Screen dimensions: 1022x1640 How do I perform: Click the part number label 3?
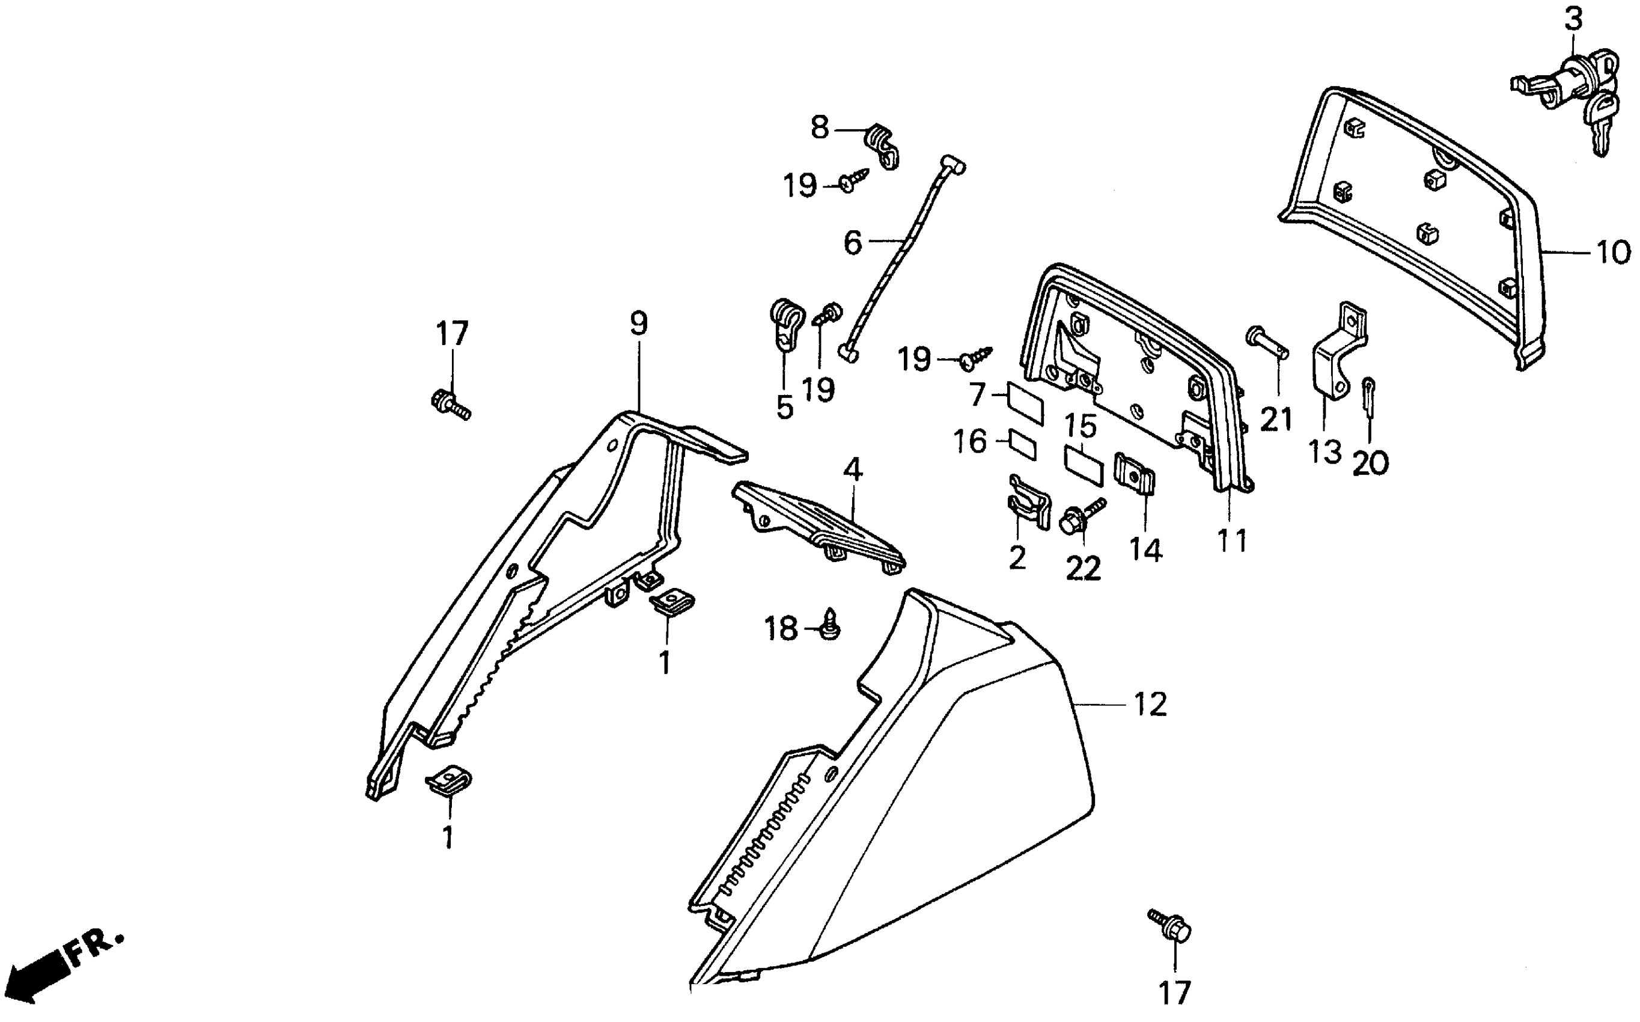(x=1573, y=20)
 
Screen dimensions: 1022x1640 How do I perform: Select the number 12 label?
(x=1150, y=705)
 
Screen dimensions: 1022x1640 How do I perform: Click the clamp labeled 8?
(x=881, y=145)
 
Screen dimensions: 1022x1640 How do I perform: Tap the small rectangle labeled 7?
(x=1025, y=403)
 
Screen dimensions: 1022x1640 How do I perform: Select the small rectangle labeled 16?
(x=1023, y=444)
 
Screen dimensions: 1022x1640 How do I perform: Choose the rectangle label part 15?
(x=1084, y=465)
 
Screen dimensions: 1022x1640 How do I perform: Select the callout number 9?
(x=638, y=324)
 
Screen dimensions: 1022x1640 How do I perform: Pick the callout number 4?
(x=853, y=469)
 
